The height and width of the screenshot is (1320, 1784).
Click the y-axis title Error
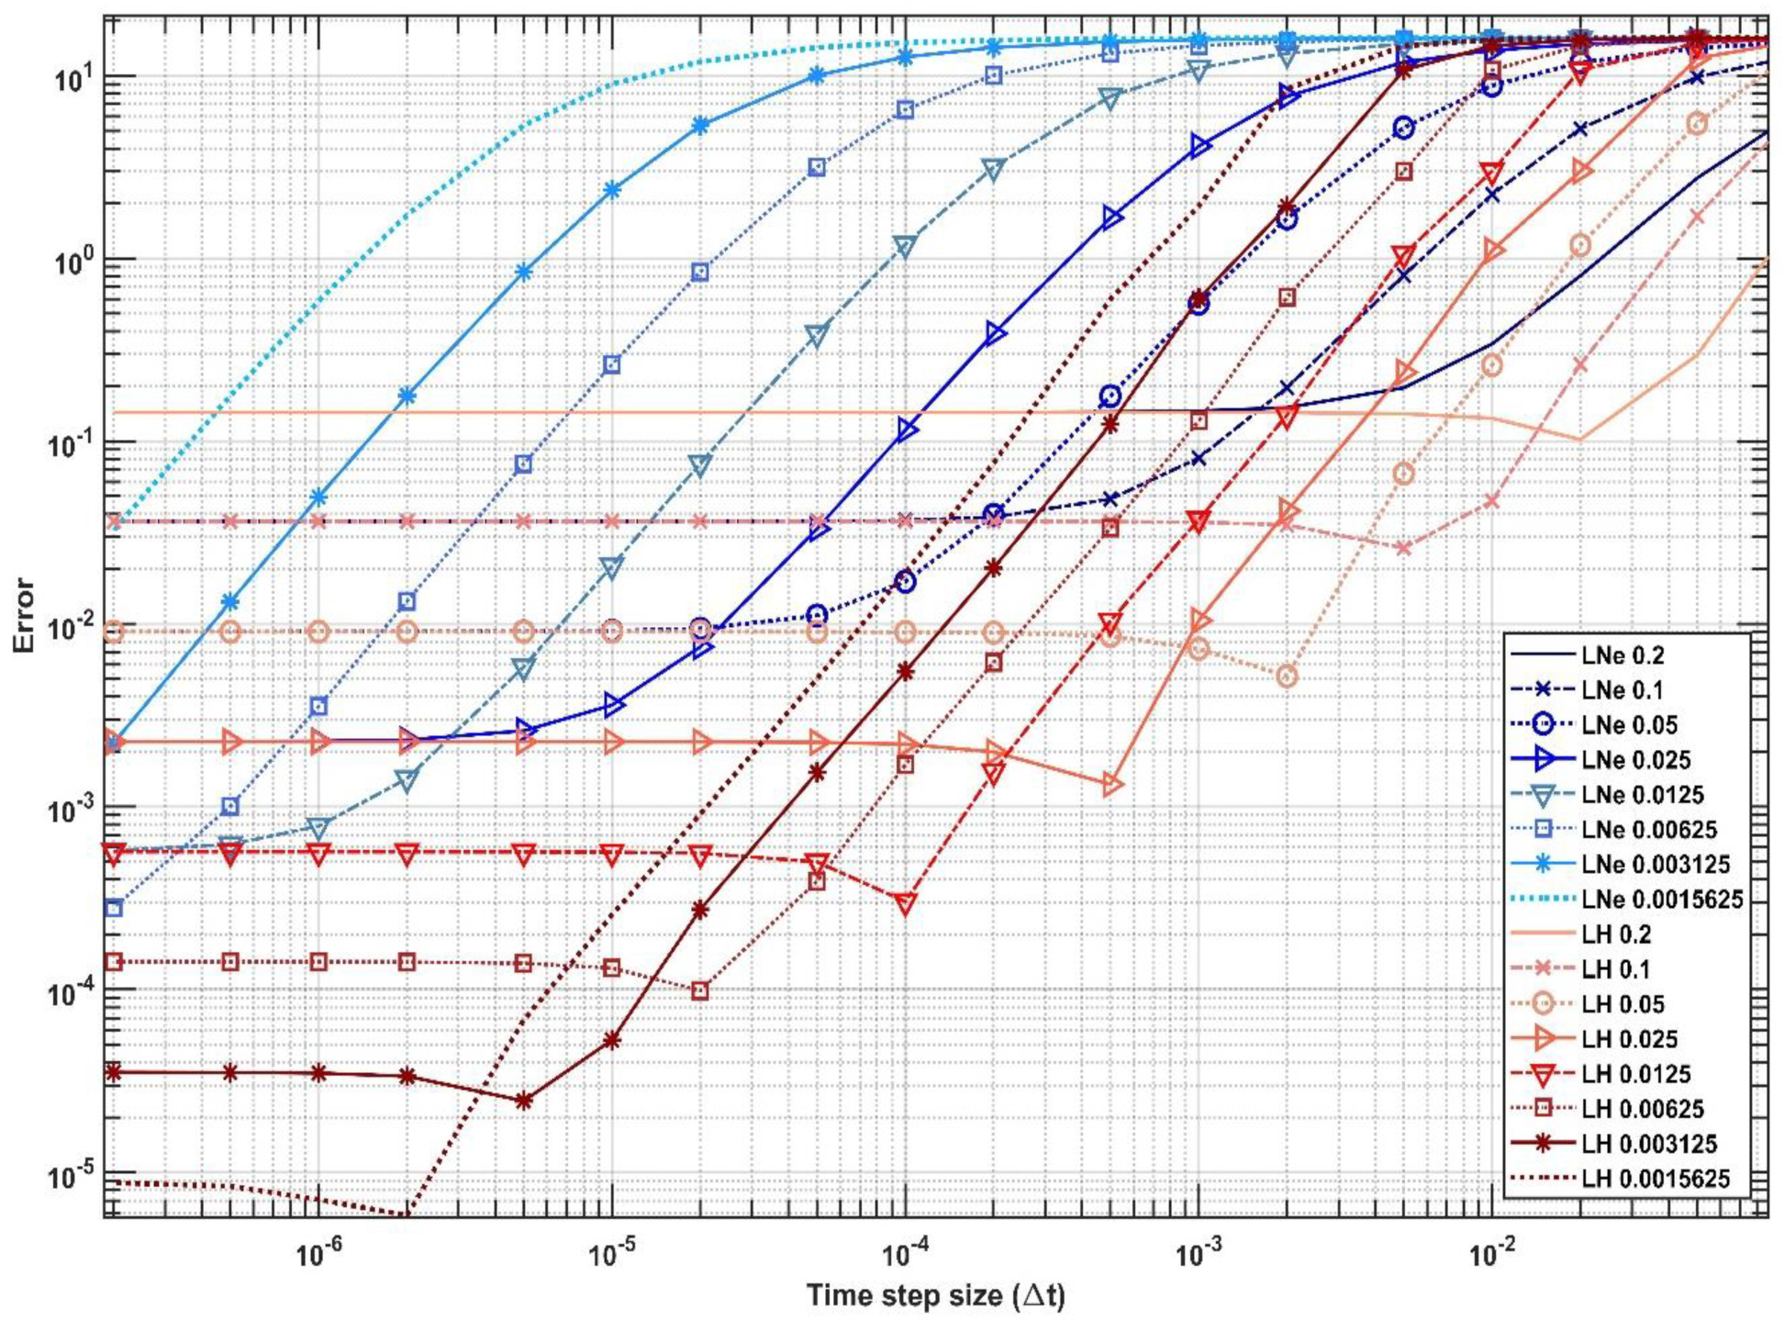(x=24, y=615)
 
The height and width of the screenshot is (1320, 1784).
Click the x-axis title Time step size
(x=934, y=1296)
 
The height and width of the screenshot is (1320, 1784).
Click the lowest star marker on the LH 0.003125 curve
(x=523, y=1101)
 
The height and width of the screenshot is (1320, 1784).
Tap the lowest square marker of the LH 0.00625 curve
(x=700, y=991)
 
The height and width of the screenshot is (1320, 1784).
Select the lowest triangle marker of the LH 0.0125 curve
(x=905, y=903)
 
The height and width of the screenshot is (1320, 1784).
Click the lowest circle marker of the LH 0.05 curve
(x=1287, y=677)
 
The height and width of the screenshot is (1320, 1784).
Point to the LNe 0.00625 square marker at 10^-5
(x=611, y=364)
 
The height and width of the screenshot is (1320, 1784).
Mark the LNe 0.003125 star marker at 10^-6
(x=318, y=498)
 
